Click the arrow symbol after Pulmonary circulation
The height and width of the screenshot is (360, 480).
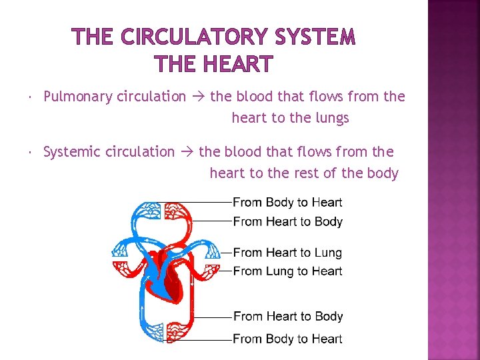point(198,97)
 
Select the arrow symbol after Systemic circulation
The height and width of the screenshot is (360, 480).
point(187,152)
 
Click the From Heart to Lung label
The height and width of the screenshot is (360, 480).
point(287,253)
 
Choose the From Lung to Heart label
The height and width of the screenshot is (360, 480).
point(287,271)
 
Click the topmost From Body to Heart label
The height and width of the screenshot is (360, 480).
point(287,203)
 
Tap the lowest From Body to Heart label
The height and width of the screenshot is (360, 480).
point(287,339)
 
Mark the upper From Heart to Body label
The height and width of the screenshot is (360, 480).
point(287,221)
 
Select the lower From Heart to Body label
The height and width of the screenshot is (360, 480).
point(287,317)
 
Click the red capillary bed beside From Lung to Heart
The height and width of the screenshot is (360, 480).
point(211,271)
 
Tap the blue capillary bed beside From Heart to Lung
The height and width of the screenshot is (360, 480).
point(211,251)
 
